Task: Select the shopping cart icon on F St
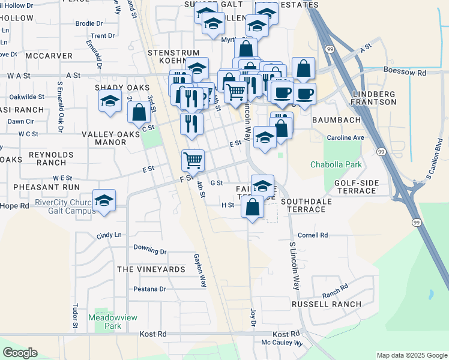point(193,160)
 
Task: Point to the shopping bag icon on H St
point(253,207)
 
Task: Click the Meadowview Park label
point(104,321)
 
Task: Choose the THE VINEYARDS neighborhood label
point(151,269)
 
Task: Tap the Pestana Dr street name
point(149,289)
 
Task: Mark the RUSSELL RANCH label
point(327,304)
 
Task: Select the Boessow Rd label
point(405,73)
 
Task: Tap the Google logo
point(20,353)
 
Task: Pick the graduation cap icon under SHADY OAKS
point(110,103)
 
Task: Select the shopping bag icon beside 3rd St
point(139,112)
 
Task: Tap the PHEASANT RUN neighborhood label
point(49,187)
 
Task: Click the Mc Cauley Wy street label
point(282,343)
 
